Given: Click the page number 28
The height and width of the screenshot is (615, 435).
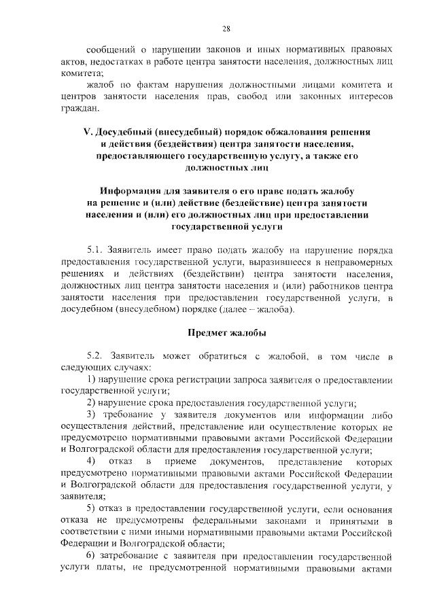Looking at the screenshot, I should click(227, 28).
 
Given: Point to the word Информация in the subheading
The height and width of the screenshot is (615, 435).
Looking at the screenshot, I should click(134, 192).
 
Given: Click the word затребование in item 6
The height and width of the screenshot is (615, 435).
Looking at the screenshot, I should click(133, 556).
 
